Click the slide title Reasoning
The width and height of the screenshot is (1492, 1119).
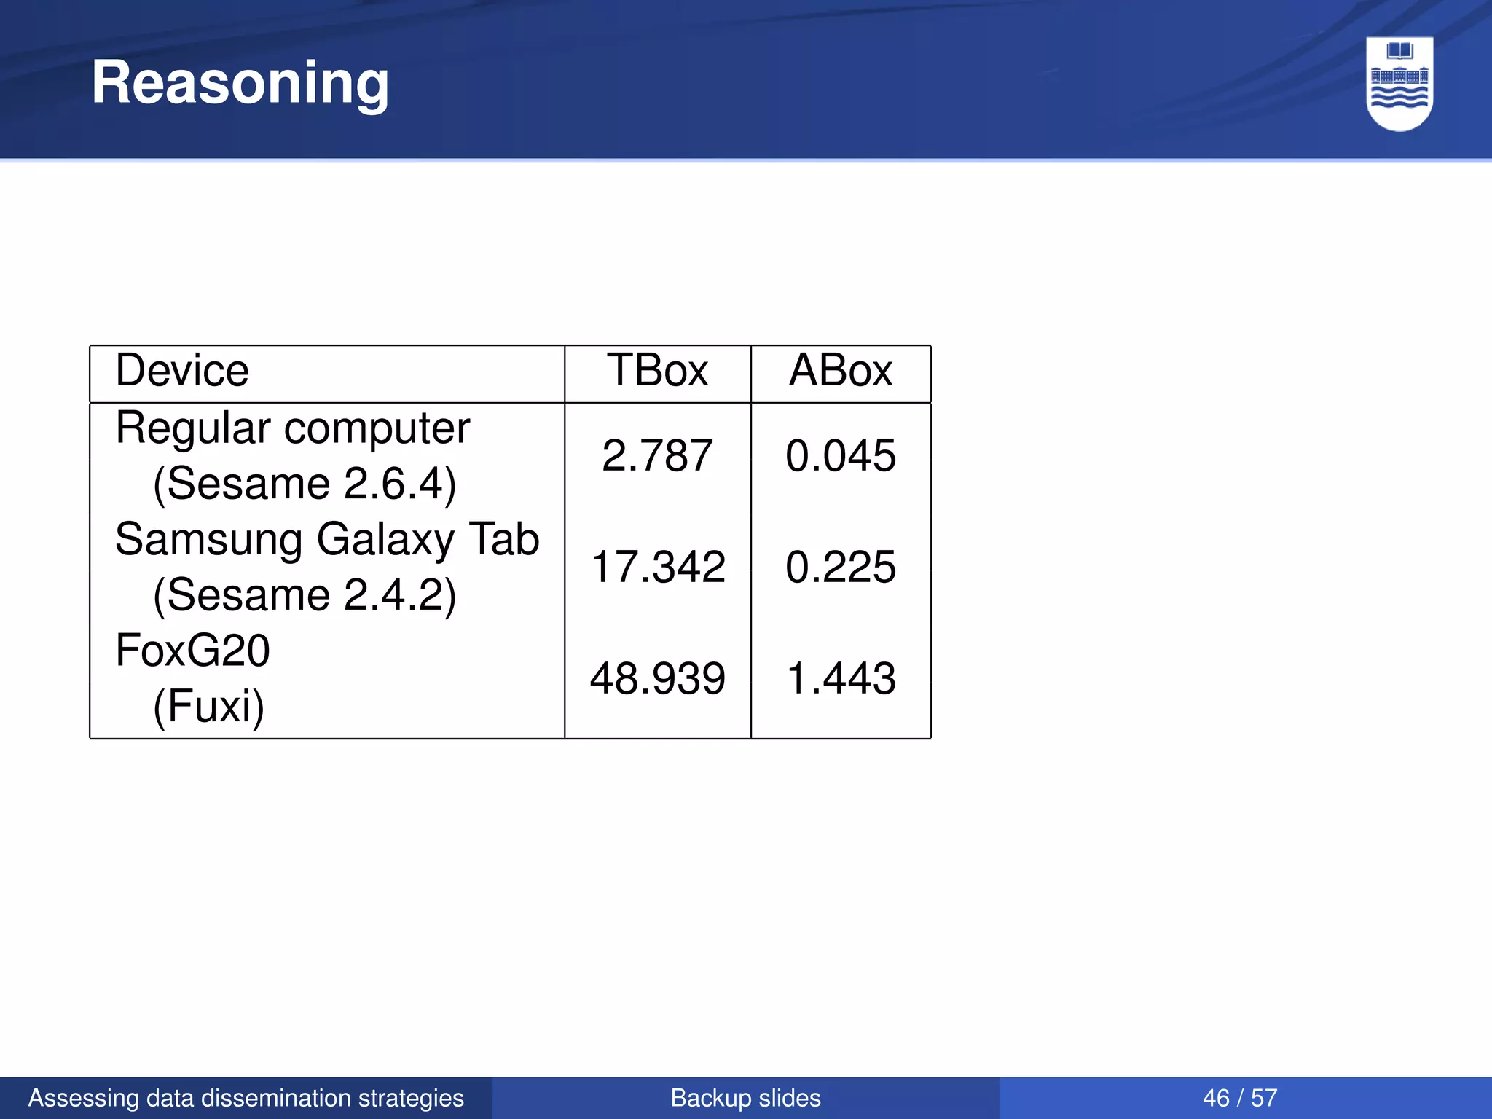(x=240, y=83)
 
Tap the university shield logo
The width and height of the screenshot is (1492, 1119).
(x=1399, y=83)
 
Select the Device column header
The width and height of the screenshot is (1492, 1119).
(x=182, y=371)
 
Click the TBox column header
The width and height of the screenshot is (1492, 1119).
(x=657, y=371)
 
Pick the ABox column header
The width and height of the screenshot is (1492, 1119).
(x=841, y=371)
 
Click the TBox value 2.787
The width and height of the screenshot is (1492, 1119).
(x=657, y=456)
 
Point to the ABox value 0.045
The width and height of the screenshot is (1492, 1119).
(x=841, y=456)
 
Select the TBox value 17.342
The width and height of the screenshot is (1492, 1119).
(x=657, y=568)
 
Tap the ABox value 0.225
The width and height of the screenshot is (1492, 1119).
(x=841, y=568)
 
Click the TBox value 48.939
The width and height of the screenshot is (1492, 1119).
(x=657, y=679)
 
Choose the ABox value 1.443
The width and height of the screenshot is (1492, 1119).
(x=841, y=679)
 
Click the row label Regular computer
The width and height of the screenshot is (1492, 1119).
(x=292, y=428)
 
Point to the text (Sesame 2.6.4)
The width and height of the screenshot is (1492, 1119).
(x=305, y=484)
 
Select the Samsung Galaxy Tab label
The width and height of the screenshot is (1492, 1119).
(x=327, y=540)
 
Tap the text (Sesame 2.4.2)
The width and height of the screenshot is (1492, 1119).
(x=305, y=595)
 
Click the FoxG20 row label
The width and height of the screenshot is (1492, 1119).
(x=192, y=651)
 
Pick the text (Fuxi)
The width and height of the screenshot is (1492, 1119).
(x=208, y=706)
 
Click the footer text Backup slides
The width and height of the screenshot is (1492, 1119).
(x=745, y=1098)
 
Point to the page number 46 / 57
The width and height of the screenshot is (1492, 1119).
(x=1240, y=1098)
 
